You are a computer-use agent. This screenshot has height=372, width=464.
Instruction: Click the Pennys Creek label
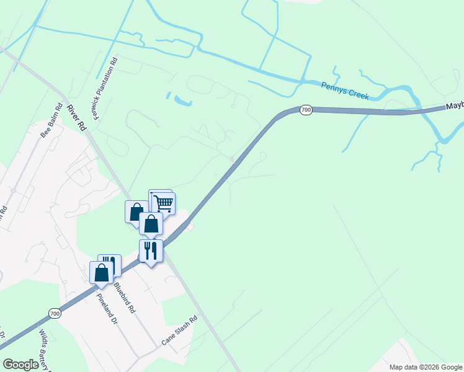pyautogui.click(x=345, y=91)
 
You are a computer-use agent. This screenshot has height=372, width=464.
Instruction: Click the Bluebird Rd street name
pyautogui.click(x=124, y=298)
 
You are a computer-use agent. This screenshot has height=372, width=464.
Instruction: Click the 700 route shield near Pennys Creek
pyautogui.click(x=305, y=110)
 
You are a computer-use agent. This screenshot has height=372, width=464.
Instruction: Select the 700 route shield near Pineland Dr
pyautogui.click(x=55, y=314)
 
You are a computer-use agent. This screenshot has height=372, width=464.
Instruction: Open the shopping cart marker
pyautogui.click(x=163, y=203)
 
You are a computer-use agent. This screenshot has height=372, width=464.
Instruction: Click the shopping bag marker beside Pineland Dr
pyautogui.click(x=102, y=272)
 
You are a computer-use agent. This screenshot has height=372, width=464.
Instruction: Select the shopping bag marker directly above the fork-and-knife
pyautogui.click(x=151, y=224)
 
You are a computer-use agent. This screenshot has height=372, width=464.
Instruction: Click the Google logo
pyautogui.click(x=20, y=365)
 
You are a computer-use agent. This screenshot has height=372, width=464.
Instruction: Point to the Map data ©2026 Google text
pyautogui.click(x=426, y=367)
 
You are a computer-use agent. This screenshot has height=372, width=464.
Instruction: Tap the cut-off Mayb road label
pyautogui.click(x=454, y=107)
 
